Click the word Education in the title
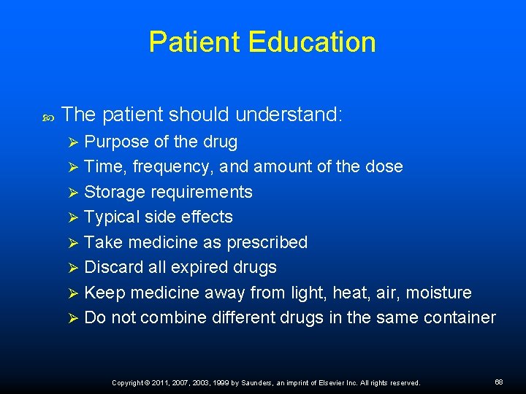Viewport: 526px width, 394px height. pyautogui.click(x=312, y=42)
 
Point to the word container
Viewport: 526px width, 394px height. pyautogui.click(x=460, y=317)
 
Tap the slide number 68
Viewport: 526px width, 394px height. pyautogui.click(x=499, y=382)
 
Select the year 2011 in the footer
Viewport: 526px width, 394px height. pyautogui.click(x=160, y=382)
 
